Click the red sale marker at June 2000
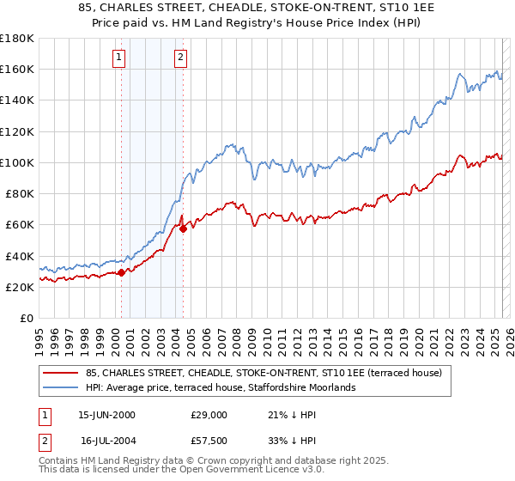pos(121,272)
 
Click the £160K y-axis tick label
pos(17,70)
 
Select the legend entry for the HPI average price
pos(222,387)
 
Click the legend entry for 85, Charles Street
pos(264,373)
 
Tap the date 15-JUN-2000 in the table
pos(106,414)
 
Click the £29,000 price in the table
pos(209,414)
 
